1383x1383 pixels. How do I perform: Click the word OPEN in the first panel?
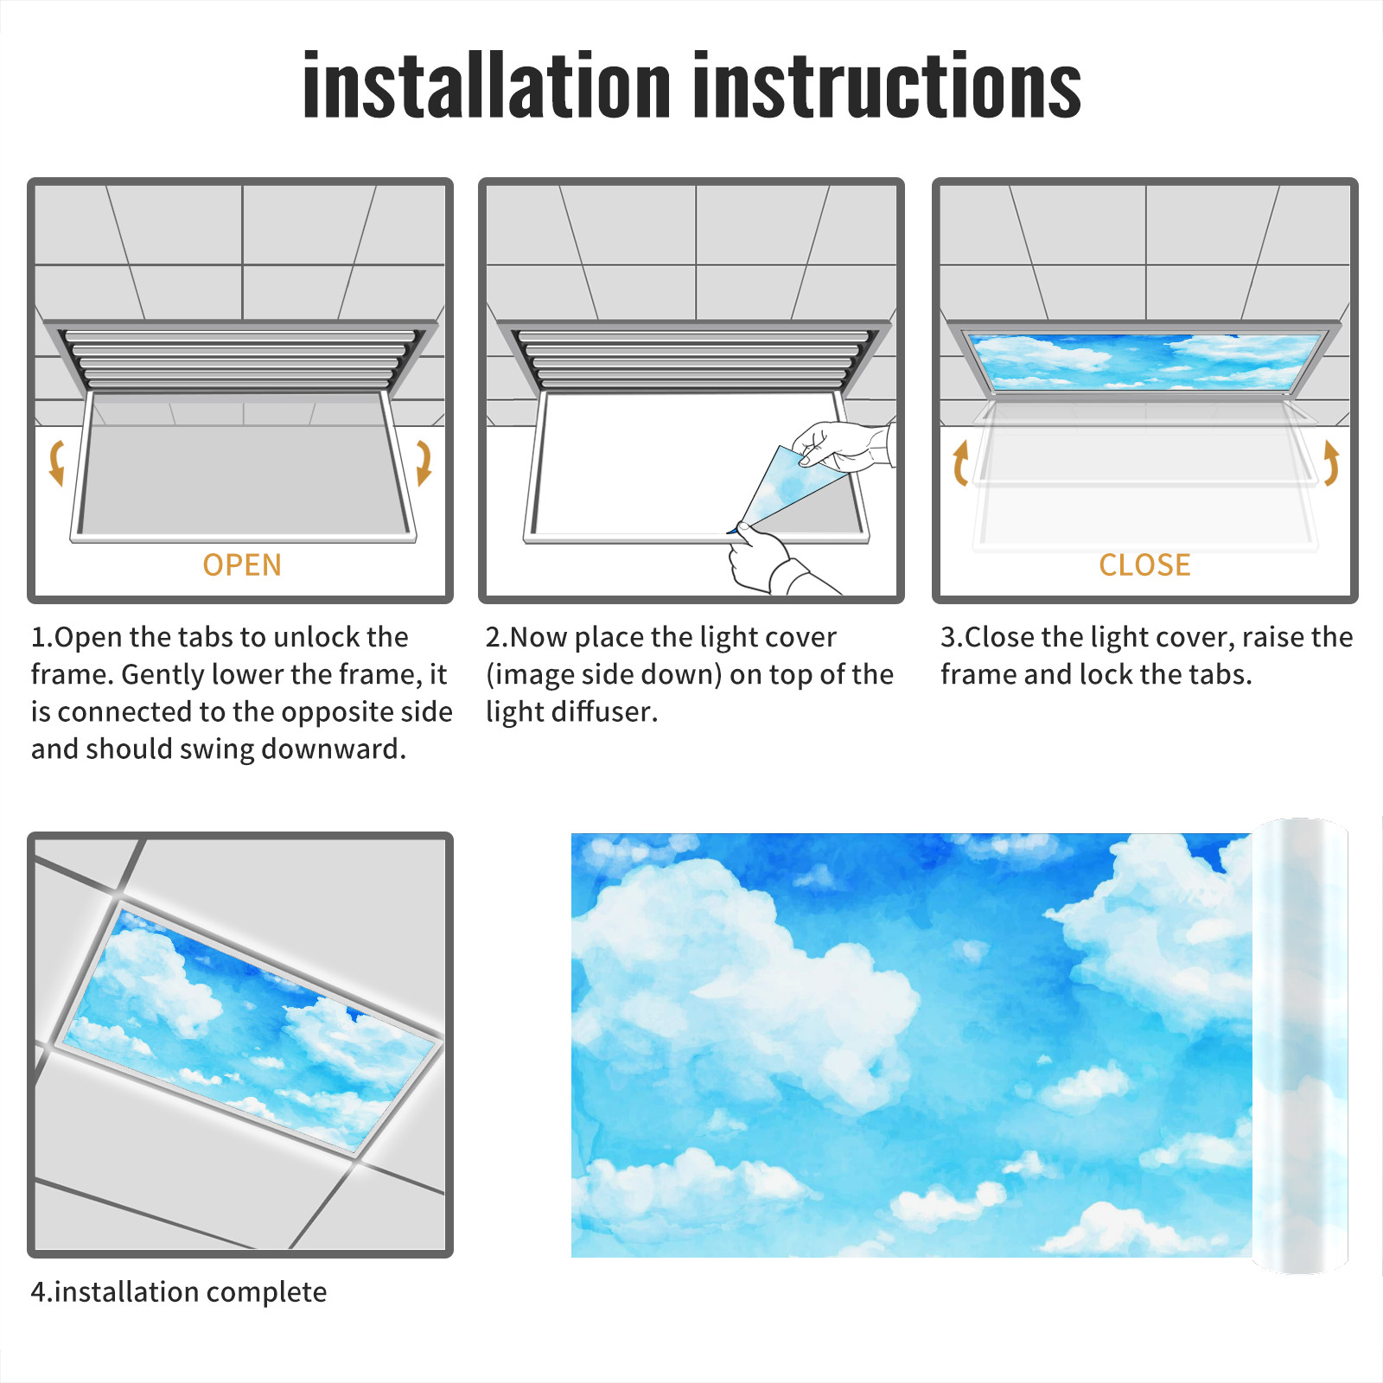242,565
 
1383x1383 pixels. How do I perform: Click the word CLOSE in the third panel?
1144,565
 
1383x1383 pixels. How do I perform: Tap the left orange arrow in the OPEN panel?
56,462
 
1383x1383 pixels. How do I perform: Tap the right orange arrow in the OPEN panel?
424,462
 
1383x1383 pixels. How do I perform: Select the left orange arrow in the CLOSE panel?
959,462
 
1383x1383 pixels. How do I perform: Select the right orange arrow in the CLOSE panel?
1331,462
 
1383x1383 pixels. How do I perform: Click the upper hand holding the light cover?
843,445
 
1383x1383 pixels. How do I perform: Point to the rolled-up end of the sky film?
1299,1046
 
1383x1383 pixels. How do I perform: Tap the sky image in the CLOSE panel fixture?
1144,361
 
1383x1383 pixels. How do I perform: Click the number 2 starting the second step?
494,637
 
